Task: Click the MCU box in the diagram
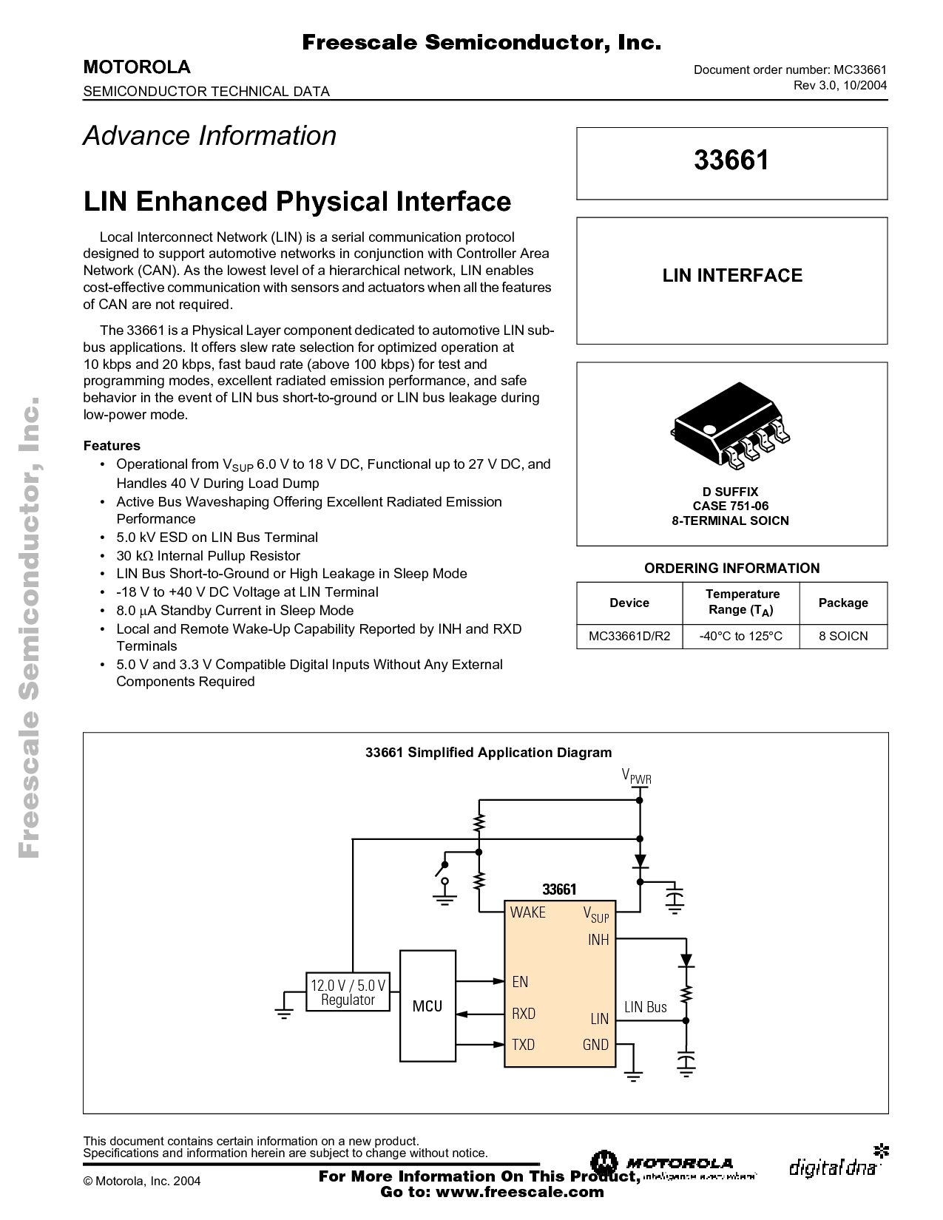427,1006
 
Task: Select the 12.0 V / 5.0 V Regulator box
348,992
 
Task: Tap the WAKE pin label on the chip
527,912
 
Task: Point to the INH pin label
598,940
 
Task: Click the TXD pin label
523,1045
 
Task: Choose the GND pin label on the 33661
595,1045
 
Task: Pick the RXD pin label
524,1014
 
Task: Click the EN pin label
520,982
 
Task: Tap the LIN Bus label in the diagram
646,1007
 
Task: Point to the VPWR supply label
636,776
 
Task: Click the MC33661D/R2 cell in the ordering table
629,636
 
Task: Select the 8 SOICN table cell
843,636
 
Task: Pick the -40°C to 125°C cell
742,636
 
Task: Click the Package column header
843,603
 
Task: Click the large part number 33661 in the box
731,160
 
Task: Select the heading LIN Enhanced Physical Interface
297,202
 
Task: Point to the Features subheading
112,445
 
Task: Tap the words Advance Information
210,136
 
